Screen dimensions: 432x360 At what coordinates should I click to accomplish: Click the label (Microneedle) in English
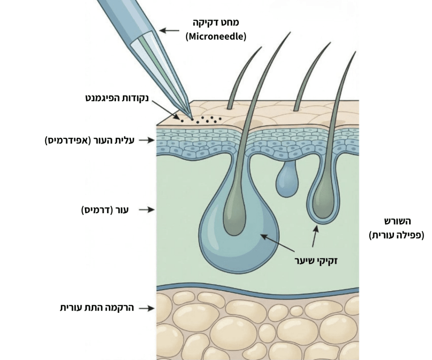click(x=216, y=36)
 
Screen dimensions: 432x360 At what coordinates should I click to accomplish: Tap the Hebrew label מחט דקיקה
click(x=216, y=22)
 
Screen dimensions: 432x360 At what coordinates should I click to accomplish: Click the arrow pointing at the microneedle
click(x=169, y=30)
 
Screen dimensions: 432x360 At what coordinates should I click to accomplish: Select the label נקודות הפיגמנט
click(x=117, y=98)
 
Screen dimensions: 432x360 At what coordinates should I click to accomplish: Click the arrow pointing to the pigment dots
click(x=165, y=110)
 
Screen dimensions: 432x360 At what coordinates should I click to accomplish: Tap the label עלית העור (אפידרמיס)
click(x=89, y=140)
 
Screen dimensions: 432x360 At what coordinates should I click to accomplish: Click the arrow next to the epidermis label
click(x=146, y=140)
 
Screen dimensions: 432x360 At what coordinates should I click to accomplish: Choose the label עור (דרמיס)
click(x=105, y=210)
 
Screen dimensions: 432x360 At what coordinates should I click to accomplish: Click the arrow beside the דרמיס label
click(x=146, y=210)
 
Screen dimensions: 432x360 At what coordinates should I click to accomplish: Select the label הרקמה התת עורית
click(x=97, y=308)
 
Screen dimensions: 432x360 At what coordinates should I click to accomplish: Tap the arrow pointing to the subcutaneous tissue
click(x=146, y=308)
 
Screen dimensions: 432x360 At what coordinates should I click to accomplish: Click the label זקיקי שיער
click(x=316, y=260)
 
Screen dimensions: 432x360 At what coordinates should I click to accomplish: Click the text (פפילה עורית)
click(x=397, y=235)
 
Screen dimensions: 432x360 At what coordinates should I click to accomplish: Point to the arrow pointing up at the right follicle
click(x=315, y=235)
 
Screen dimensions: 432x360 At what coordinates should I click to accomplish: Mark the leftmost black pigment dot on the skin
click(x=182, y=121)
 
